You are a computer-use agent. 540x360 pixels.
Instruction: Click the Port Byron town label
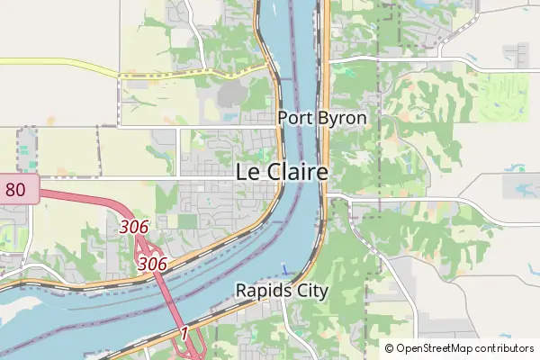322,118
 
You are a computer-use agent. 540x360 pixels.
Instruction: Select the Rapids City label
282,291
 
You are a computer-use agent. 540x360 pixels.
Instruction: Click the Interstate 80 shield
16,189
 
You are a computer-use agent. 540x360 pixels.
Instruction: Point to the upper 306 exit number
133,228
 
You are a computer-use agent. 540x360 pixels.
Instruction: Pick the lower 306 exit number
152,264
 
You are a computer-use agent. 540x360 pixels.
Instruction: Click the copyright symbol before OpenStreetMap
390,348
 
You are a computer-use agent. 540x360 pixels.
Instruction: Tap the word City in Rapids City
310,291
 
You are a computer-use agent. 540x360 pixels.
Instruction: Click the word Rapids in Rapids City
262,291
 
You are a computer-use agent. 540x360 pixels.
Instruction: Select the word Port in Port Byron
293,118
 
